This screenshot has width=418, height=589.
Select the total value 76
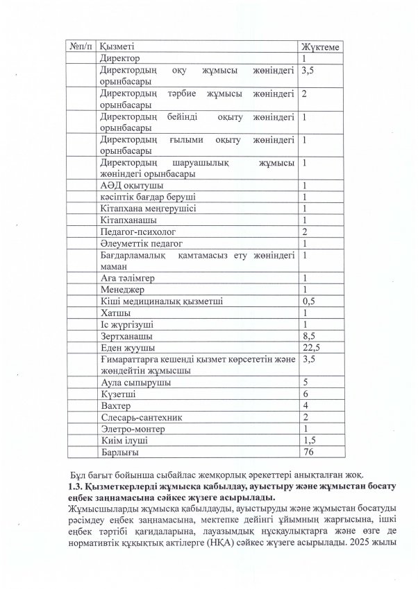pyautogui.click(x=308, y=452)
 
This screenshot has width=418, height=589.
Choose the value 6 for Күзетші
pyautogui.click(x=306, y=394)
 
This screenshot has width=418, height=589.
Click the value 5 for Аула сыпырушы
pyautogui.click(x=306, y=382)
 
